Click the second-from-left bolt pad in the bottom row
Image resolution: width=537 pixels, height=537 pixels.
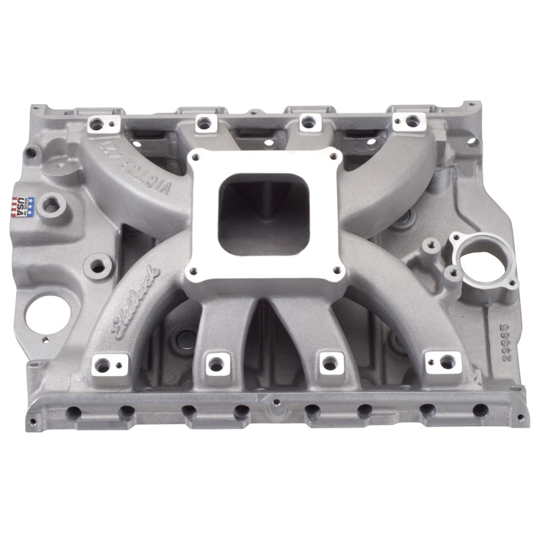click(215, 363)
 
